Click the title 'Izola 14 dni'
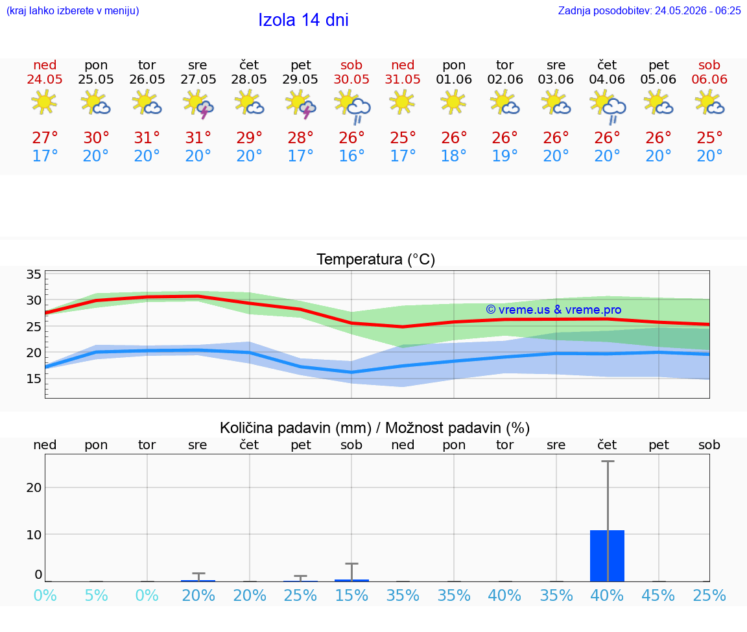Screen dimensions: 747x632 pyautogui.click(x=303, y=20)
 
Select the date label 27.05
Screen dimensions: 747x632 pyautogui.click(x=198, y=79)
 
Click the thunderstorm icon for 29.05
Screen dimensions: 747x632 pyautogui.click(x=301, y=104)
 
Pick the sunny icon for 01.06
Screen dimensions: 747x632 pyautogui.click(x=453, y=102)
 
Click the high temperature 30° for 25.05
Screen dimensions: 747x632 pyautogui.click(x=96, y=137)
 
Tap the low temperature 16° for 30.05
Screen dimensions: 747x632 pyautogui.click(x=351, y=156)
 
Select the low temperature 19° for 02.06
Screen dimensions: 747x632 pyautogui.click(x=504, y=156)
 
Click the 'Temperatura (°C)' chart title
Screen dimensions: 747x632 pyautogui.click(x=376, y=259)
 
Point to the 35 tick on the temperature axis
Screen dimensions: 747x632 pyautogui.click(x=34, y=274)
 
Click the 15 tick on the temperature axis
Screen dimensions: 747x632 pyautogui.click(x=34, y=379)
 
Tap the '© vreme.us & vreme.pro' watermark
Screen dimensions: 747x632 pyautogui.click(x=554, y=310)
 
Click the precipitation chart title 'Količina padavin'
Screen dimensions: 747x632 pyautogui.click(x=296, y=428)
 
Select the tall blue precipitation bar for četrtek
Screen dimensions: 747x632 pyautogui.click(x=607, y=556)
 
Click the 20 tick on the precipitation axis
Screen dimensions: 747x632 pyautogui.click(x=34, y=487)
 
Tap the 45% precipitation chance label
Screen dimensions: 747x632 pyautogui.click(x=658, y=595)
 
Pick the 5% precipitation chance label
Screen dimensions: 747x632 pyautogui.click(x=96, y=595)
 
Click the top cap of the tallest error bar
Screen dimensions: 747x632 pyautogui.click(x=608, y=461)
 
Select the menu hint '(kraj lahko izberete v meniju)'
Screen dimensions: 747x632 pyautogui.click(x=73, y=10)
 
